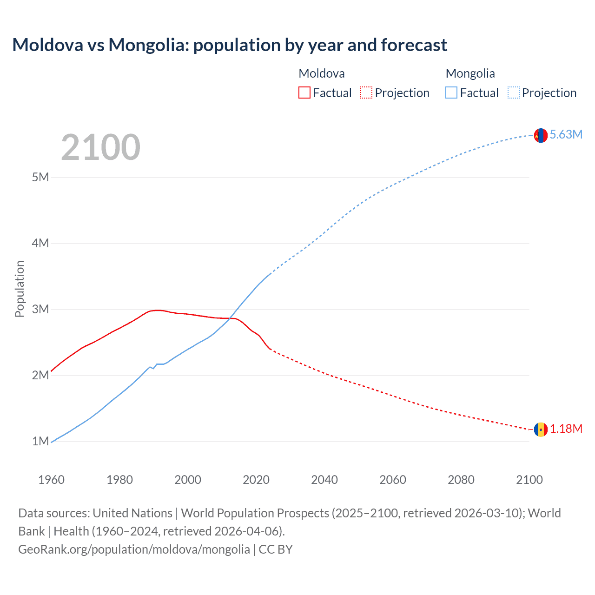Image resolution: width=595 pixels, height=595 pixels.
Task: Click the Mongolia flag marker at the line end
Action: click(x=541, y=135)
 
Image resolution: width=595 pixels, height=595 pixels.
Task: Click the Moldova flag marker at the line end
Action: click(x=541, y=430)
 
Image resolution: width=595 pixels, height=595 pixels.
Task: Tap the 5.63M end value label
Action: click(x=566, y=135)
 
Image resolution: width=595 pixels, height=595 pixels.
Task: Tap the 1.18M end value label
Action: click(x=566, y=429)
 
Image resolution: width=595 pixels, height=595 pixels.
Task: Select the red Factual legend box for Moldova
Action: click(x=304, y=93)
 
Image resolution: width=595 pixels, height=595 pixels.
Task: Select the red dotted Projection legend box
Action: click(x=366, y=93)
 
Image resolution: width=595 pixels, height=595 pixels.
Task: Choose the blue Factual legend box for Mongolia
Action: click(x=451, y=93)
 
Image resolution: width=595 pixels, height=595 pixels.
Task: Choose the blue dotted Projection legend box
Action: click(x=513, y=93)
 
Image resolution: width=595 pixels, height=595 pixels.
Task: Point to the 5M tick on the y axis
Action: click(x=40, y=177)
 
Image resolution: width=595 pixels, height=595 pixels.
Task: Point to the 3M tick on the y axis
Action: click(x=40, y=309)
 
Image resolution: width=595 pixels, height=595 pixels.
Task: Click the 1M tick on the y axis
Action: click(x=40, y=441)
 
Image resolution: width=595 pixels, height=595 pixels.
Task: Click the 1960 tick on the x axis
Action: click(x=51, y=480)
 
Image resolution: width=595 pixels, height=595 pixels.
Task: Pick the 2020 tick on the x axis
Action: click(x=256, y=480)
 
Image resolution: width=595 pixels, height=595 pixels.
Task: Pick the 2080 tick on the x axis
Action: click(x=461, y=480)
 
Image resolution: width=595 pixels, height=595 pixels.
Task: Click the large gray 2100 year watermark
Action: click(x=100, y=147)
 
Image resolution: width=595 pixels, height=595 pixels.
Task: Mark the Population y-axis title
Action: click(x=20, y=289)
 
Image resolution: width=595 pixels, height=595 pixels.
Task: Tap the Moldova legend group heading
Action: click(x=322, y=73)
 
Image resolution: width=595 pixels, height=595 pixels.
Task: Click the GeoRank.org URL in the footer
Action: click(x=134, y=549)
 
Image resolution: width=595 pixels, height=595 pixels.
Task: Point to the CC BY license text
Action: click(x=276, y=549)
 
